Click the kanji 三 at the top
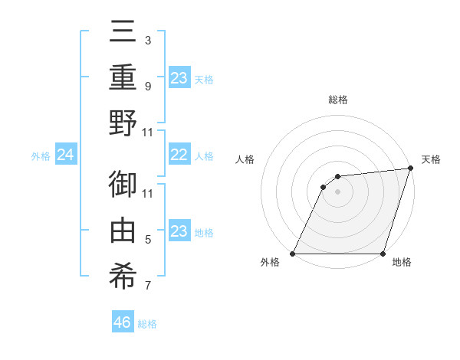click(x=123, y=33)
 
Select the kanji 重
click(x=123, y=77)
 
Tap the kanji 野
click(x=123, y=123)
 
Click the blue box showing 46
click(x=123, y=322)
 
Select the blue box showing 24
click(x=65, y=155)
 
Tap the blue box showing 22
click(x=179, y=155)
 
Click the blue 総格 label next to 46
click(x=148, y=324)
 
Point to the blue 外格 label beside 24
click(x=41, y=156)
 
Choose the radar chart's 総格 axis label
click(x=337, y=100)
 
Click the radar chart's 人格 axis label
click(x=246, y=159)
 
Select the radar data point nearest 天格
click(x=411, y=169)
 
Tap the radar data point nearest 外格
click(x=293, y=254)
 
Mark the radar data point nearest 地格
click(x=383, y=254)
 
